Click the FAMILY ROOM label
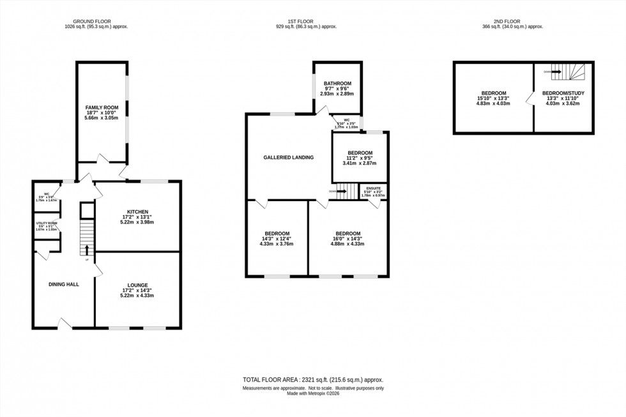pyautogui.click(x=102, y=107)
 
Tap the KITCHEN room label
pyautogui.click(x=137, y=212)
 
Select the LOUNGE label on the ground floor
pyautogui.click(x=137, y=285)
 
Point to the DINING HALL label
pyautogui.click(x=65, y=284)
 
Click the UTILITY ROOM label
pyautogui.click(x=47, y=224)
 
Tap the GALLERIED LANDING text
pyautogui.click(x=289, y=157)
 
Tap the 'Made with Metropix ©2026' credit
pyautogui.click(x=312, y=394)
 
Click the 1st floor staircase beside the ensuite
pyautogui.click(x=346, y=190)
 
